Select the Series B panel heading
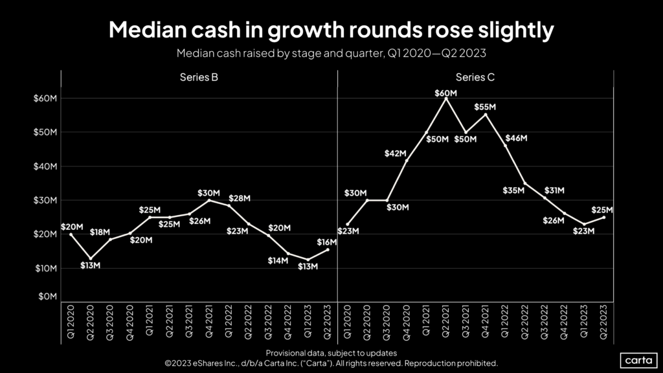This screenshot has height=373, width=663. pyautogui.click(x=199, y=78)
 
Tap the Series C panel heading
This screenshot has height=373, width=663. pyautogui.click(x=475, y=78)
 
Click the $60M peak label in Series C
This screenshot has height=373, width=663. pyautogui.click(x=446, y=93)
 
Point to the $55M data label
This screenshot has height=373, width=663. pyautogui.click(x=485, y=107)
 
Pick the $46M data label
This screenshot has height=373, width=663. pyautogui.click(x=517, y=139)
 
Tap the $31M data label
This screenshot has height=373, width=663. pyautogui.click(x=553, y=190)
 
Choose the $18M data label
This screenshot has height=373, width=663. pyautogui.click(x=100, y=232)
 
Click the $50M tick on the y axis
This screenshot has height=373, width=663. pyautogui.click(x=47, y=132)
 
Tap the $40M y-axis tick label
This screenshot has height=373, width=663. pyautogui.click(x=47, y=166)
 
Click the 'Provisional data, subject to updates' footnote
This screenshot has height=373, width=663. pyautogui.click(x=331, y=353)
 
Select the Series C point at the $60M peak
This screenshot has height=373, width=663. pyautogui.click(x=446, y=98)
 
